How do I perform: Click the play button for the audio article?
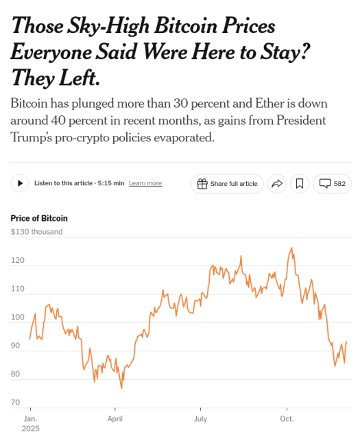pos(20,183)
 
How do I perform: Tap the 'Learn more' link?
pos(145,184)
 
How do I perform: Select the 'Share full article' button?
pos(227,184)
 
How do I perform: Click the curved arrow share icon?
pos(277,184)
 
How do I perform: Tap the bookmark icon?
pos(300,184)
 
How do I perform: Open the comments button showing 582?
pos(333,184)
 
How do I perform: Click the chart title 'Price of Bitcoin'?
pos(39,218)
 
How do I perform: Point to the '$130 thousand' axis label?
pos(36,232)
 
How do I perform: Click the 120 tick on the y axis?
pos(17,261)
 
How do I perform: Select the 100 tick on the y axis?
pos(17,318)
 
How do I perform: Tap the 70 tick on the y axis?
pos(15,403)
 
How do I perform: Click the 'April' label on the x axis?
pos(115,418)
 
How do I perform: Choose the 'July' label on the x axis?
pos(201,418)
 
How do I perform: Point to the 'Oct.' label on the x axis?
pos(287,418)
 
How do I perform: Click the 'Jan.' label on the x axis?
pos(30,418)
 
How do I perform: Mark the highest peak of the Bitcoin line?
pos(292,248)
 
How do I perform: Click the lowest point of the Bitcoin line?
pos(122,388)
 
